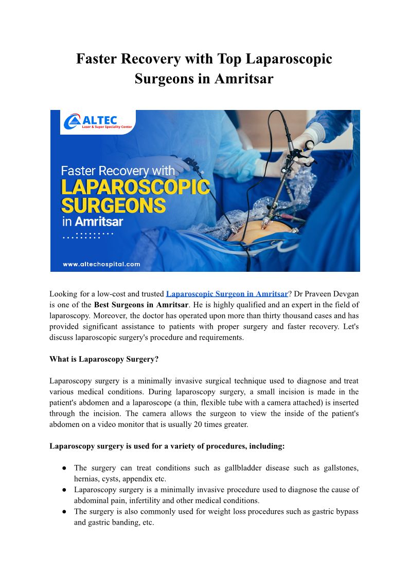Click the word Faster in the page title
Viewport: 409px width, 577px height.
(x=96, y=59)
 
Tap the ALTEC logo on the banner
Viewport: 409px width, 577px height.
(x=98, y=122)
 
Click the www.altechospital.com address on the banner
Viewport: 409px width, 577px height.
(x=101, y=264)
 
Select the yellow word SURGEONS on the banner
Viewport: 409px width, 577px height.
(x=113, y=206)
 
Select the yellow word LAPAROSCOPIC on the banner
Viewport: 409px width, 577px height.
(x=135, y=187)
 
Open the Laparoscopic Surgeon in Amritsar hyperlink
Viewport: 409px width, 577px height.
(x=227, y=294)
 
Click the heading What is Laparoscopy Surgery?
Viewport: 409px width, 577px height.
(x=104, y=359)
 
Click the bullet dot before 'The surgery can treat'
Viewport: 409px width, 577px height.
(x=64, y=468)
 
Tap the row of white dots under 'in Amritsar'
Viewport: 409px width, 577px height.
(x=87, y=236)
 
